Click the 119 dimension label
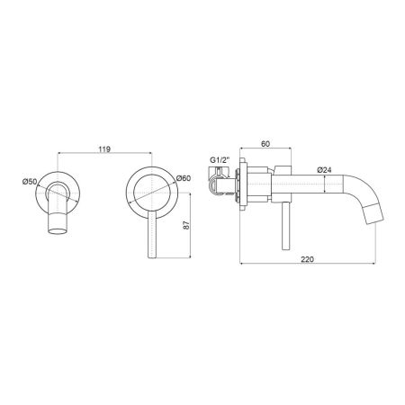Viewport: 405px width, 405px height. tap(104, 149)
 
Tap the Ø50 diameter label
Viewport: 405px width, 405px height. tap(30, 182)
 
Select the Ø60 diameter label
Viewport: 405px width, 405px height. tap(184, 178)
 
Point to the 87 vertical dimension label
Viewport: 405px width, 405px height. tap(186, 225)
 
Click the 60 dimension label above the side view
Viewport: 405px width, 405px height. tap(265, 144)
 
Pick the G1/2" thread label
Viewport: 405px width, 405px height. tap(220, 160)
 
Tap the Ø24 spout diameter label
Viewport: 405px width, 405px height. tap(324, 170)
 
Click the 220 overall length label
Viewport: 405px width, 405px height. tap(307, 259)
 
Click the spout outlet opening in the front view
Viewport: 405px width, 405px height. tap(58, 231)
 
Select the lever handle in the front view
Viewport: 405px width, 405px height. tap(152, 234)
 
